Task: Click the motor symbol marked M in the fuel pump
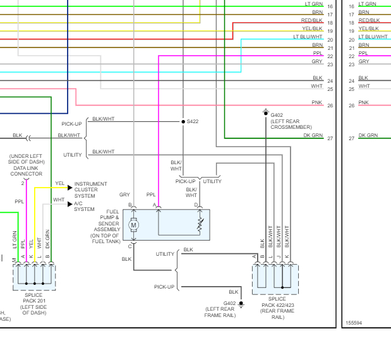pos(133,225)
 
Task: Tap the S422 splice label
pos(192,121)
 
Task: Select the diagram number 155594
pos(354,323)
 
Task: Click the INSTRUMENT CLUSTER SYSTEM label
pos(91,189)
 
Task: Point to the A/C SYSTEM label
pos(84,207)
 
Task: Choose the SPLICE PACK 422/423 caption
pos(277,308)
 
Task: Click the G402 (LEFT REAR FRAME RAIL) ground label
pos(220,309)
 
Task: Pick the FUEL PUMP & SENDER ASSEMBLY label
pos(104,226)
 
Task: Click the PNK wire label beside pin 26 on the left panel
pos(317,102)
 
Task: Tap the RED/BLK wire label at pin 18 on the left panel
pos(311,21)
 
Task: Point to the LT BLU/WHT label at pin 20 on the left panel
pos(308,37)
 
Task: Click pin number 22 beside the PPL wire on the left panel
pos(330,57)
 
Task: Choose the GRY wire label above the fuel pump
pos(124,195)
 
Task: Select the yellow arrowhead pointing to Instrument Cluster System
pos(69,188)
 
